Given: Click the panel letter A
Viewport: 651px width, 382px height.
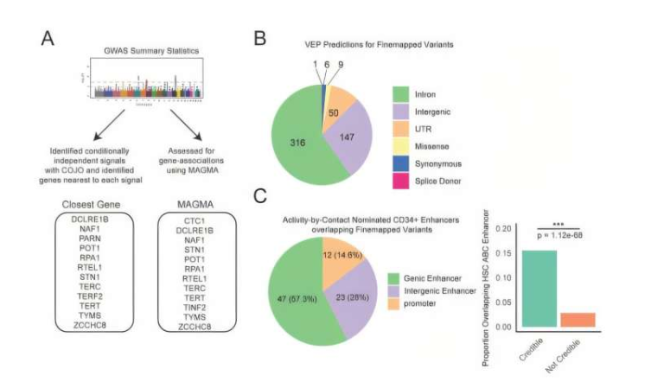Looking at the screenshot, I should (48, 40).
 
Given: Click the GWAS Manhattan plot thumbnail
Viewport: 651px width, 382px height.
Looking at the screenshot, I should (145, 85).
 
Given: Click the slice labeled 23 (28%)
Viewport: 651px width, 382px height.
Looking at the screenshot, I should (350, 299).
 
